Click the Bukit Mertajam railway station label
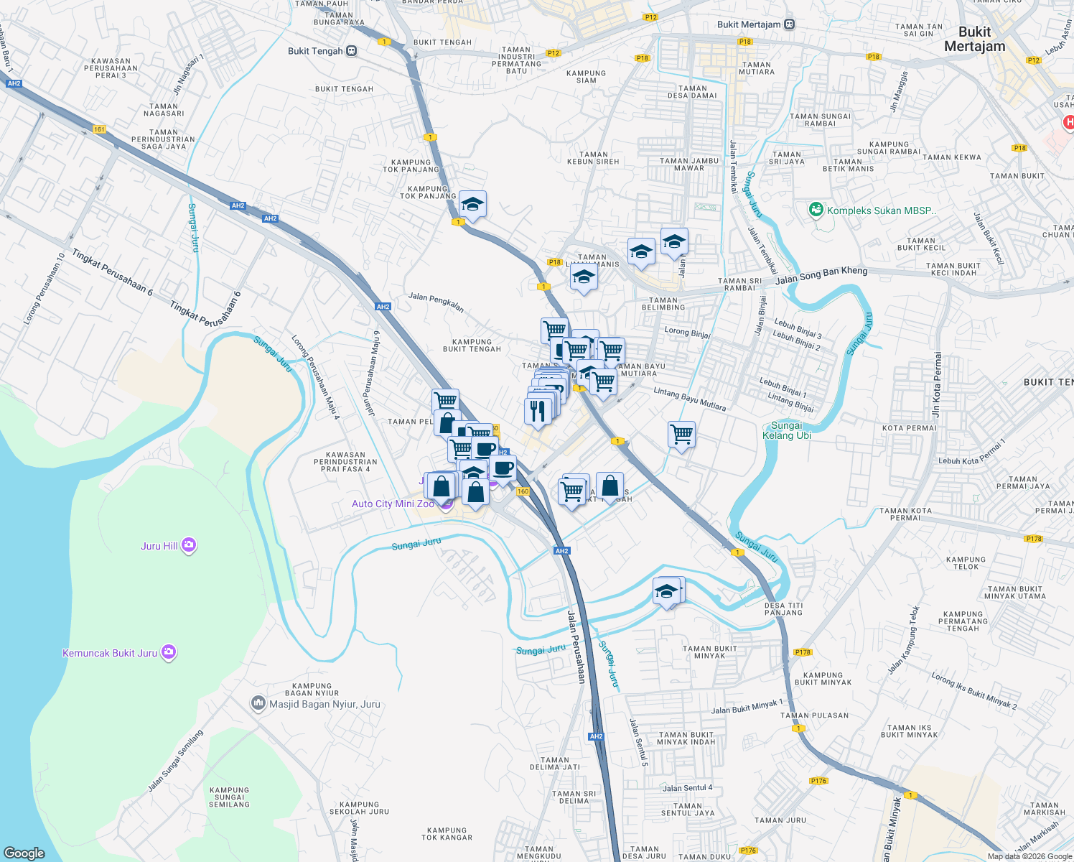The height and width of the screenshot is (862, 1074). pos(749,24)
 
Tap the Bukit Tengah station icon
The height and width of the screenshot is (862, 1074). pos(351,51)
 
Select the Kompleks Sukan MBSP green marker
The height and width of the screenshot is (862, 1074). pos(816,210)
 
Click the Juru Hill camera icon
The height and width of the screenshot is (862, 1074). pos(189,545)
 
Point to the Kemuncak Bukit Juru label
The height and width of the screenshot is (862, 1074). pos(110,653)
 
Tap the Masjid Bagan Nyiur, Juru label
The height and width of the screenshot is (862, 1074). pos(324,704)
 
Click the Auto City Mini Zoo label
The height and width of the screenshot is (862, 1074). pos(393,504)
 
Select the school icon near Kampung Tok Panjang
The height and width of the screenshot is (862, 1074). pos(472,205)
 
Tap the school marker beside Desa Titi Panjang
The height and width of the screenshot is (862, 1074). pos(666,592)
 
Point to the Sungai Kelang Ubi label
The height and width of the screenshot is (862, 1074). pos(786,430)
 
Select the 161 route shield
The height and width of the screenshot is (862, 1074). pos(99,129)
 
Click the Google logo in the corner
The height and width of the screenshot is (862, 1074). pos(24,853)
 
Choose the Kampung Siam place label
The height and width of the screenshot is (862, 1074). pos(586,77)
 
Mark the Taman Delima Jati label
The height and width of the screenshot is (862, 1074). pos(554,764)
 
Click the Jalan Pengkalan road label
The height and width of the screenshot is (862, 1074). pos(436,302)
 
